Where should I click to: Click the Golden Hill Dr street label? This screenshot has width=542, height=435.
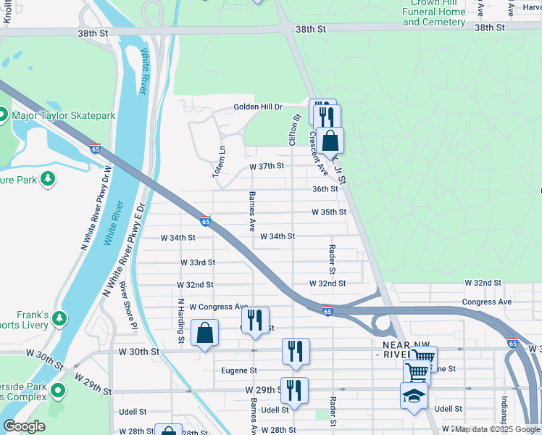257,107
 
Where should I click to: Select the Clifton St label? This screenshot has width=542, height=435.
296,130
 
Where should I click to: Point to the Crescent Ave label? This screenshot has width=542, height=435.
319,148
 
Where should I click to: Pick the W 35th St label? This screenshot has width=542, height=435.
329,212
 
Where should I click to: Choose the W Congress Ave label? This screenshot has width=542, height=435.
219,307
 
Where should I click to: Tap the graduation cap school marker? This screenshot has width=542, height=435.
414,396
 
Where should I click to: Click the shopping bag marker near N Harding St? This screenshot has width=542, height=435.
205,333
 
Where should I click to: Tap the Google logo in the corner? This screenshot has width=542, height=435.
25,426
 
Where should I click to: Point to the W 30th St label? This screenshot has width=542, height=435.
137,352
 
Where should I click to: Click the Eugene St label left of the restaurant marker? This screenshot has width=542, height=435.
239,370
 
